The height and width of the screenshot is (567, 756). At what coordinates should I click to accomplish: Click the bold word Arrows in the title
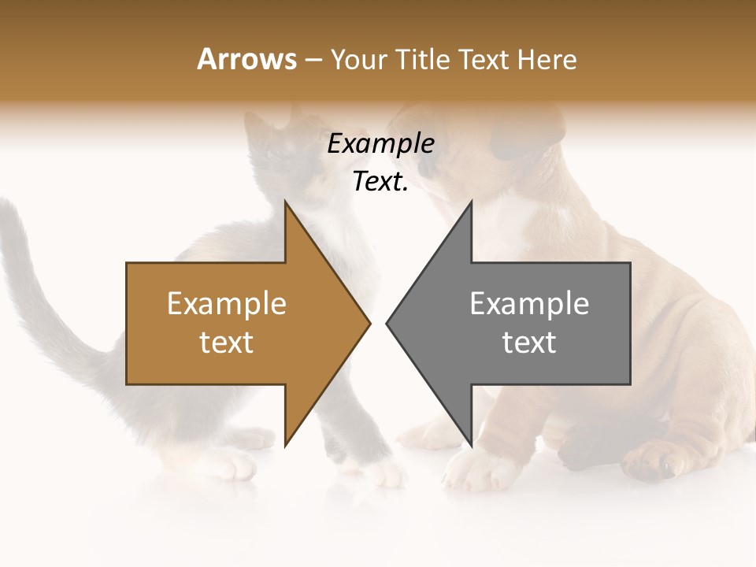[246, 59]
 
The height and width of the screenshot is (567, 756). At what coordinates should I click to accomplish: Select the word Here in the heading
[547, 59]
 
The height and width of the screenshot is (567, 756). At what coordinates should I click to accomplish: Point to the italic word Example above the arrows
[380, 143]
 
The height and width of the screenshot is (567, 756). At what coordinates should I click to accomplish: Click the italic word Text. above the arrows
[380, 182]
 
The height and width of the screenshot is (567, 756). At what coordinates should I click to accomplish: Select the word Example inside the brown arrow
[227, 303]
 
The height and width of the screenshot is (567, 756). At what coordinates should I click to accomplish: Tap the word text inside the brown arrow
[227, 342]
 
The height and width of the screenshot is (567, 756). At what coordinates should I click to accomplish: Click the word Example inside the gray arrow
[529, 303]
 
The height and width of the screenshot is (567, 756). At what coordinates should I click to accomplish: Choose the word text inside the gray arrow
[529, 342]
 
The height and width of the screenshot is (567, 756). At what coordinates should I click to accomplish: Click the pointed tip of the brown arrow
[369, 323]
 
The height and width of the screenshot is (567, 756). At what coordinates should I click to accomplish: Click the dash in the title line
[313, 60]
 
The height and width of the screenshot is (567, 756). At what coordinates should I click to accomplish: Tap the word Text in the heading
[484, 59]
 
